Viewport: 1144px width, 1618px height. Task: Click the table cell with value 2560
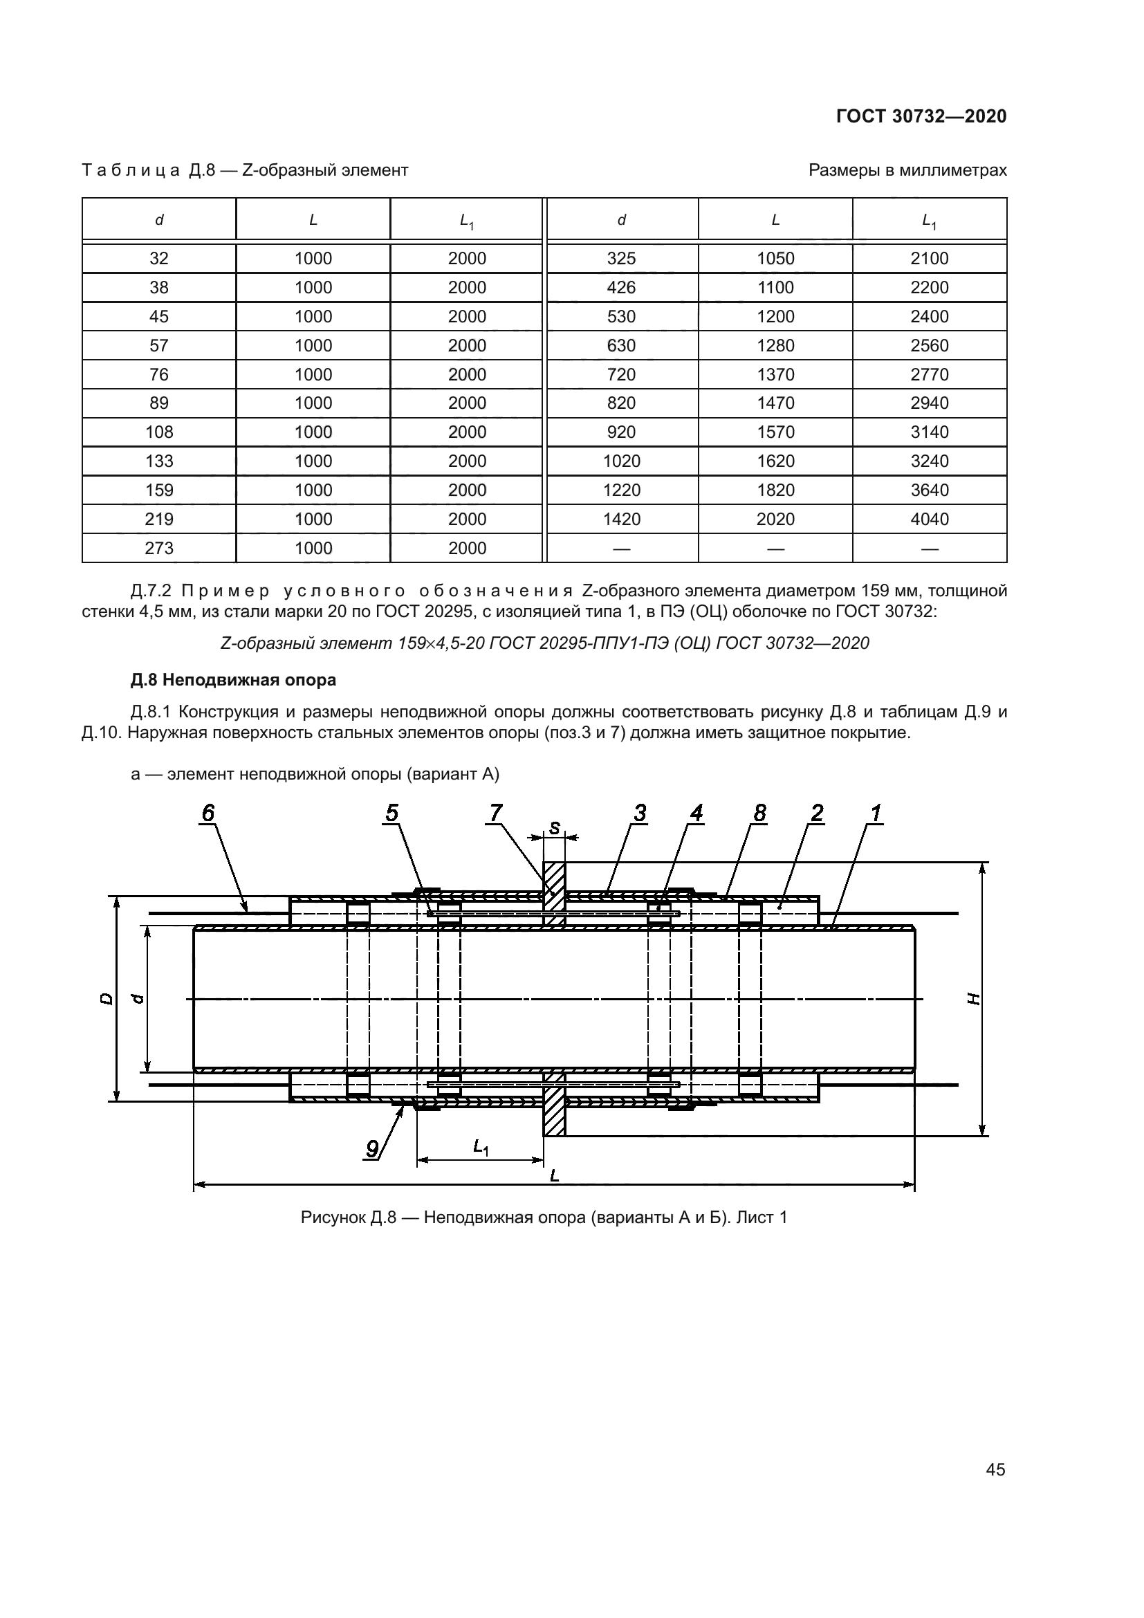pos(929,345)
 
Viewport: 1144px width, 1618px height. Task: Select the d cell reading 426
pos(621,288)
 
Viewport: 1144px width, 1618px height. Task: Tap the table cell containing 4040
pos(929,520)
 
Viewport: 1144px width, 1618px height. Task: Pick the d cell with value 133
pos(159,461)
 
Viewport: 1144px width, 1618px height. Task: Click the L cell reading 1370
pos(775,374)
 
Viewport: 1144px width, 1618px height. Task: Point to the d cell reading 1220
pos(621,490)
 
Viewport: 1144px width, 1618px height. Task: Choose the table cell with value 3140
pos(929,432)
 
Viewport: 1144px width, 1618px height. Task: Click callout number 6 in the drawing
pos(207,813)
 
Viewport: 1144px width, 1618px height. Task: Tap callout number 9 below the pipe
pos(373,1150)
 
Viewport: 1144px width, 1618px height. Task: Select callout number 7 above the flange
pos(496,813)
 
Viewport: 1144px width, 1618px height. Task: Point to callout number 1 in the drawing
pos(876,813)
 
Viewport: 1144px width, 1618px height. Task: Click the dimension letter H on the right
pos(975,999)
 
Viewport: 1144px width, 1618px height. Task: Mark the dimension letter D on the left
pos(107,999)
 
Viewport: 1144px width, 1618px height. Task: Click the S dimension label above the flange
pos(555,828)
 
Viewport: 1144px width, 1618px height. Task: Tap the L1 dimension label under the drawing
pos(481,1148)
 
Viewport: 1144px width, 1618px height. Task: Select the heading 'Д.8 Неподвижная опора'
pos(233,680)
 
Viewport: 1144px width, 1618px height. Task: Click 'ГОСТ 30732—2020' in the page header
pos(921,116)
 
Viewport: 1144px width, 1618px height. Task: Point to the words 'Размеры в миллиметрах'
pos(907,170)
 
